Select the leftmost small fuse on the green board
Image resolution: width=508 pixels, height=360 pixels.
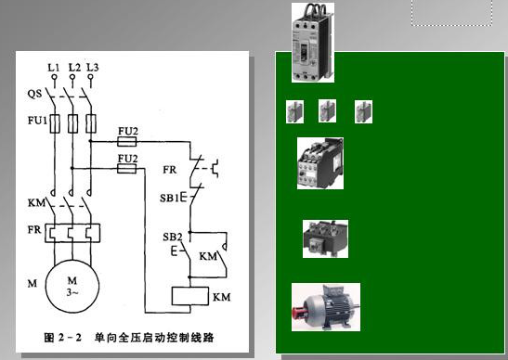(294, 112)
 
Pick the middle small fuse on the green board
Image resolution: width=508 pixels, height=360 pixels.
(327, 112)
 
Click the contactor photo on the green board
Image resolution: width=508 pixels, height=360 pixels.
(319, 163)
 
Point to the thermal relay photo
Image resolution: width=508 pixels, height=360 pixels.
(325, 238)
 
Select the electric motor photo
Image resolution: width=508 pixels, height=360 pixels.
(325, 307)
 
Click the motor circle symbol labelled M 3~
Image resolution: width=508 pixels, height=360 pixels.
(71, 282)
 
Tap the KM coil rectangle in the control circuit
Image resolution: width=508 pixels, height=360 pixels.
(191, 298)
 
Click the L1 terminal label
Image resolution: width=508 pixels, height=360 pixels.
(53, 68)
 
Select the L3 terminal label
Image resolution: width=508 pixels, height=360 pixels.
(91, 68)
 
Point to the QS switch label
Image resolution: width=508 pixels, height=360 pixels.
(33, 94)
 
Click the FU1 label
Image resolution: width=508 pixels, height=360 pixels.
(35, 122)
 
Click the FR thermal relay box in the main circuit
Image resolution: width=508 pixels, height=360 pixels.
(71, 232)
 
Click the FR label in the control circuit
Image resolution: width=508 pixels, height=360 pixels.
(169, 170)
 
